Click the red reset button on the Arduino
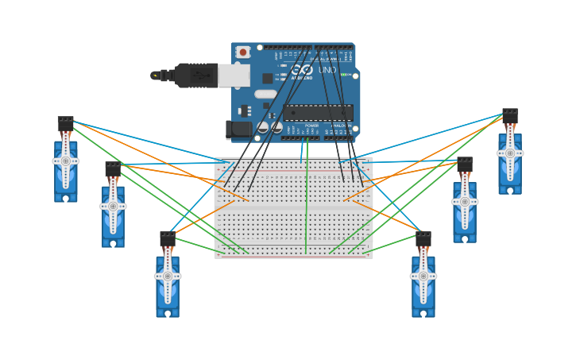click(242, 52)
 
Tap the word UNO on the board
click(327, 70)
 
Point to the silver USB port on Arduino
click(234, 75)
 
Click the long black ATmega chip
click(318, 112)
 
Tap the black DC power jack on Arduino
click(238, 130)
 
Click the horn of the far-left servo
click(65, 161)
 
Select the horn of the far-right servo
click(510, 153)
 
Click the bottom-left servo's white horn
click(168, 276)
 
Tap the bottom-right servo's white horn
click(423, 276)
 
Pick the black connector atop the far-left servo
click(65, 123)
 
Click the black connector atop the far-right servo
click(510, 116)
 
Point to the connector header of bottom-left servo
click(168, 238)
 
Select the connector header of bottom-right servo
click(423, 238)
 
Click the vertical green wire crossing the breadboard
click(307, 207)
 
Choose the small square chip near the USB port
click(268, 78)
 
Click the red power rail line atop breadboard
click(294, 169)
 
